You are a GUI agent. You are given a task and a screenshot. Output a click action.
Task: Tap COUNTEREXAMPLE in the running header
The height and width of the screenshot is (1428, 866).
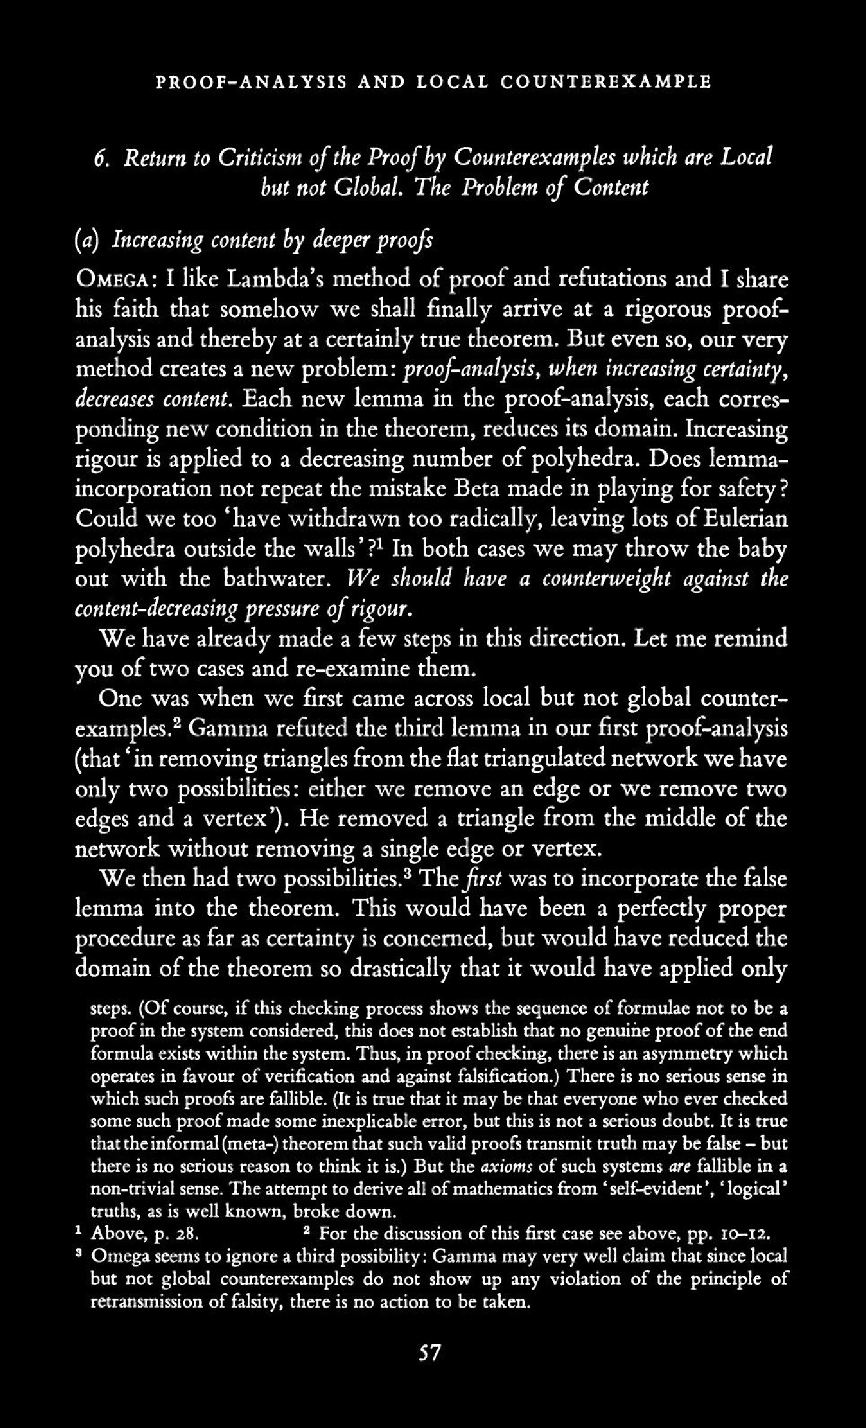[605, 81]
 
